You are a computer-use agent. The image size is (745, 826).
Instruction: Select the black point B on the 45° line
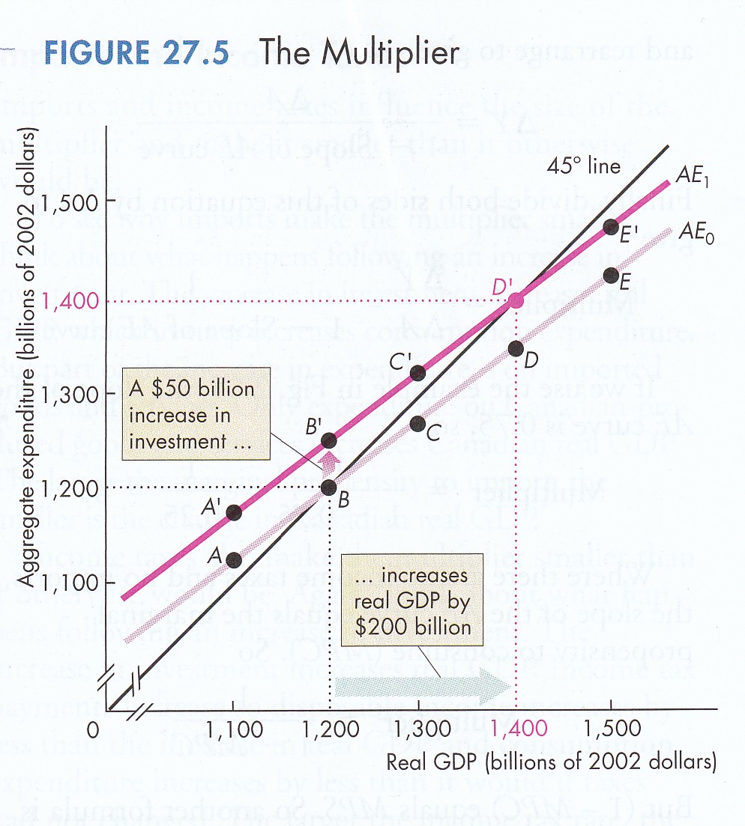click(x=328, y=487)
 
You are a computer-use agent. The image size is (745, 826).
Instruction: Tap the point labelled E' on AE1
click(x=611, y=227)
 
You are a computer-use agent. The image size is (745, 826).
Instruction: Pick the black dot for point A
click(x=234, y=559)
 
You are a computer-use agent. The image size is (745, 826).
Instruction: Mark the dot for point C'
click(x=418, y=373)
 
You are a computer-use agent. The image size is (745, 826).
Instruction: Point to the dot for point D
click(x=516, y=348)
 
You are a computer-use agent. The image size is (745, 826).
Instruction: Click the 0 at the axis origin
click(x=92, y=729)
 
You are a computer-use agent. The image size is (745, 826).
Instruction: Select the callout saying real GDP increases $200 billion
click(x=413, y=601)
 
